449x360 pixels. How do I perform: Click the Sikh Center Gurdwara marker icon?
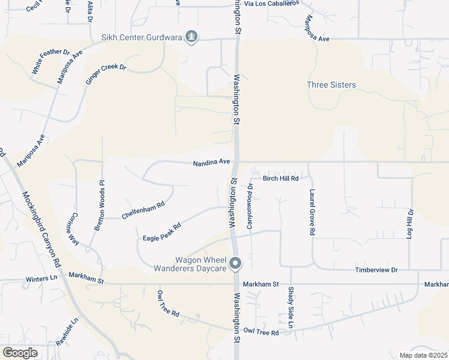click(191, 37)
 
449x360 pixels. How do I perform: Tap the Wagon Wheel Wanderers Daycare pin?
click(236, 263)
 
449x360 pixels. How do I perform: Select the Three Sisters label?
click(331, 85)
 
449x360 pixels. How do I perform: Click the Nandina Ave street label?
click(212, 162)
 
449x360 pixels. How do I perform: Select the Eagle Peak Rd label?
click(162, 233)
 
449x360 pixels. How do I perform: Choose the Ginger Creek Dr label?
click(106, 74)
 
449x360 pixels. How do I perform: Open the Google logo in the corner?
click(20, 353)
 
